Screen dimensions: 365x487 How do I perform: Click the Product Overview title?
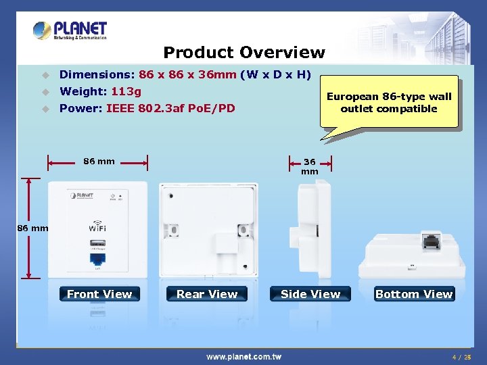coord(244,52)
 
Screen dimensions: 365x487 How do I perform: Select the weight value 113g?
coord(126,91)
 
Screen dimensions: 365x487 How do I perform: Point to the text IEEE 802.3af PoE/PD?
coord(170,107)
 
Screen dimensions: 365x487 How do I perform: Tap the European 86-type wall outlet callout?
coord(389,103)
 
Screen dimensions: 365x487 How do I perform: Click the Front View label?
coord(99,294)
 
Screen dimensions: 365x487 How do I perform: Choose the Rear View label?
coord(207,294)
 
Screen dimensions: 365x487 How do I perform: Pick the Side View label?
coord(310,294)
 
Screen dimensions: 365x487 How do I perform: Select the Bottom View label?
coord(414,294)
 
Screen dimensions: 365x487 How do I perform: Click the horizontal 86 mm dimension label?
coord(99,162)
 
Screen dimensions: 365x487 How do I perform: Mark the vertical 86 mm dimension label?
coord(32,228)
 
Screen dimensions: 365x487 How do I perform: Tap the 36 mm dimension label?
coord(310,166)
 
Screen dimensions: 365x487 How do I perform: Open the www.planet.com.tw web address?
coord(244,356)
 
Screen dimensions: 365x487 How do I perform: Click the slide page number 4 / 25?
coord(461,356)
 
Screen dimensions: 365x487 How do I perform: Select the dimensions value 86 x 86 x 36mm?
coord(187,75)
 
